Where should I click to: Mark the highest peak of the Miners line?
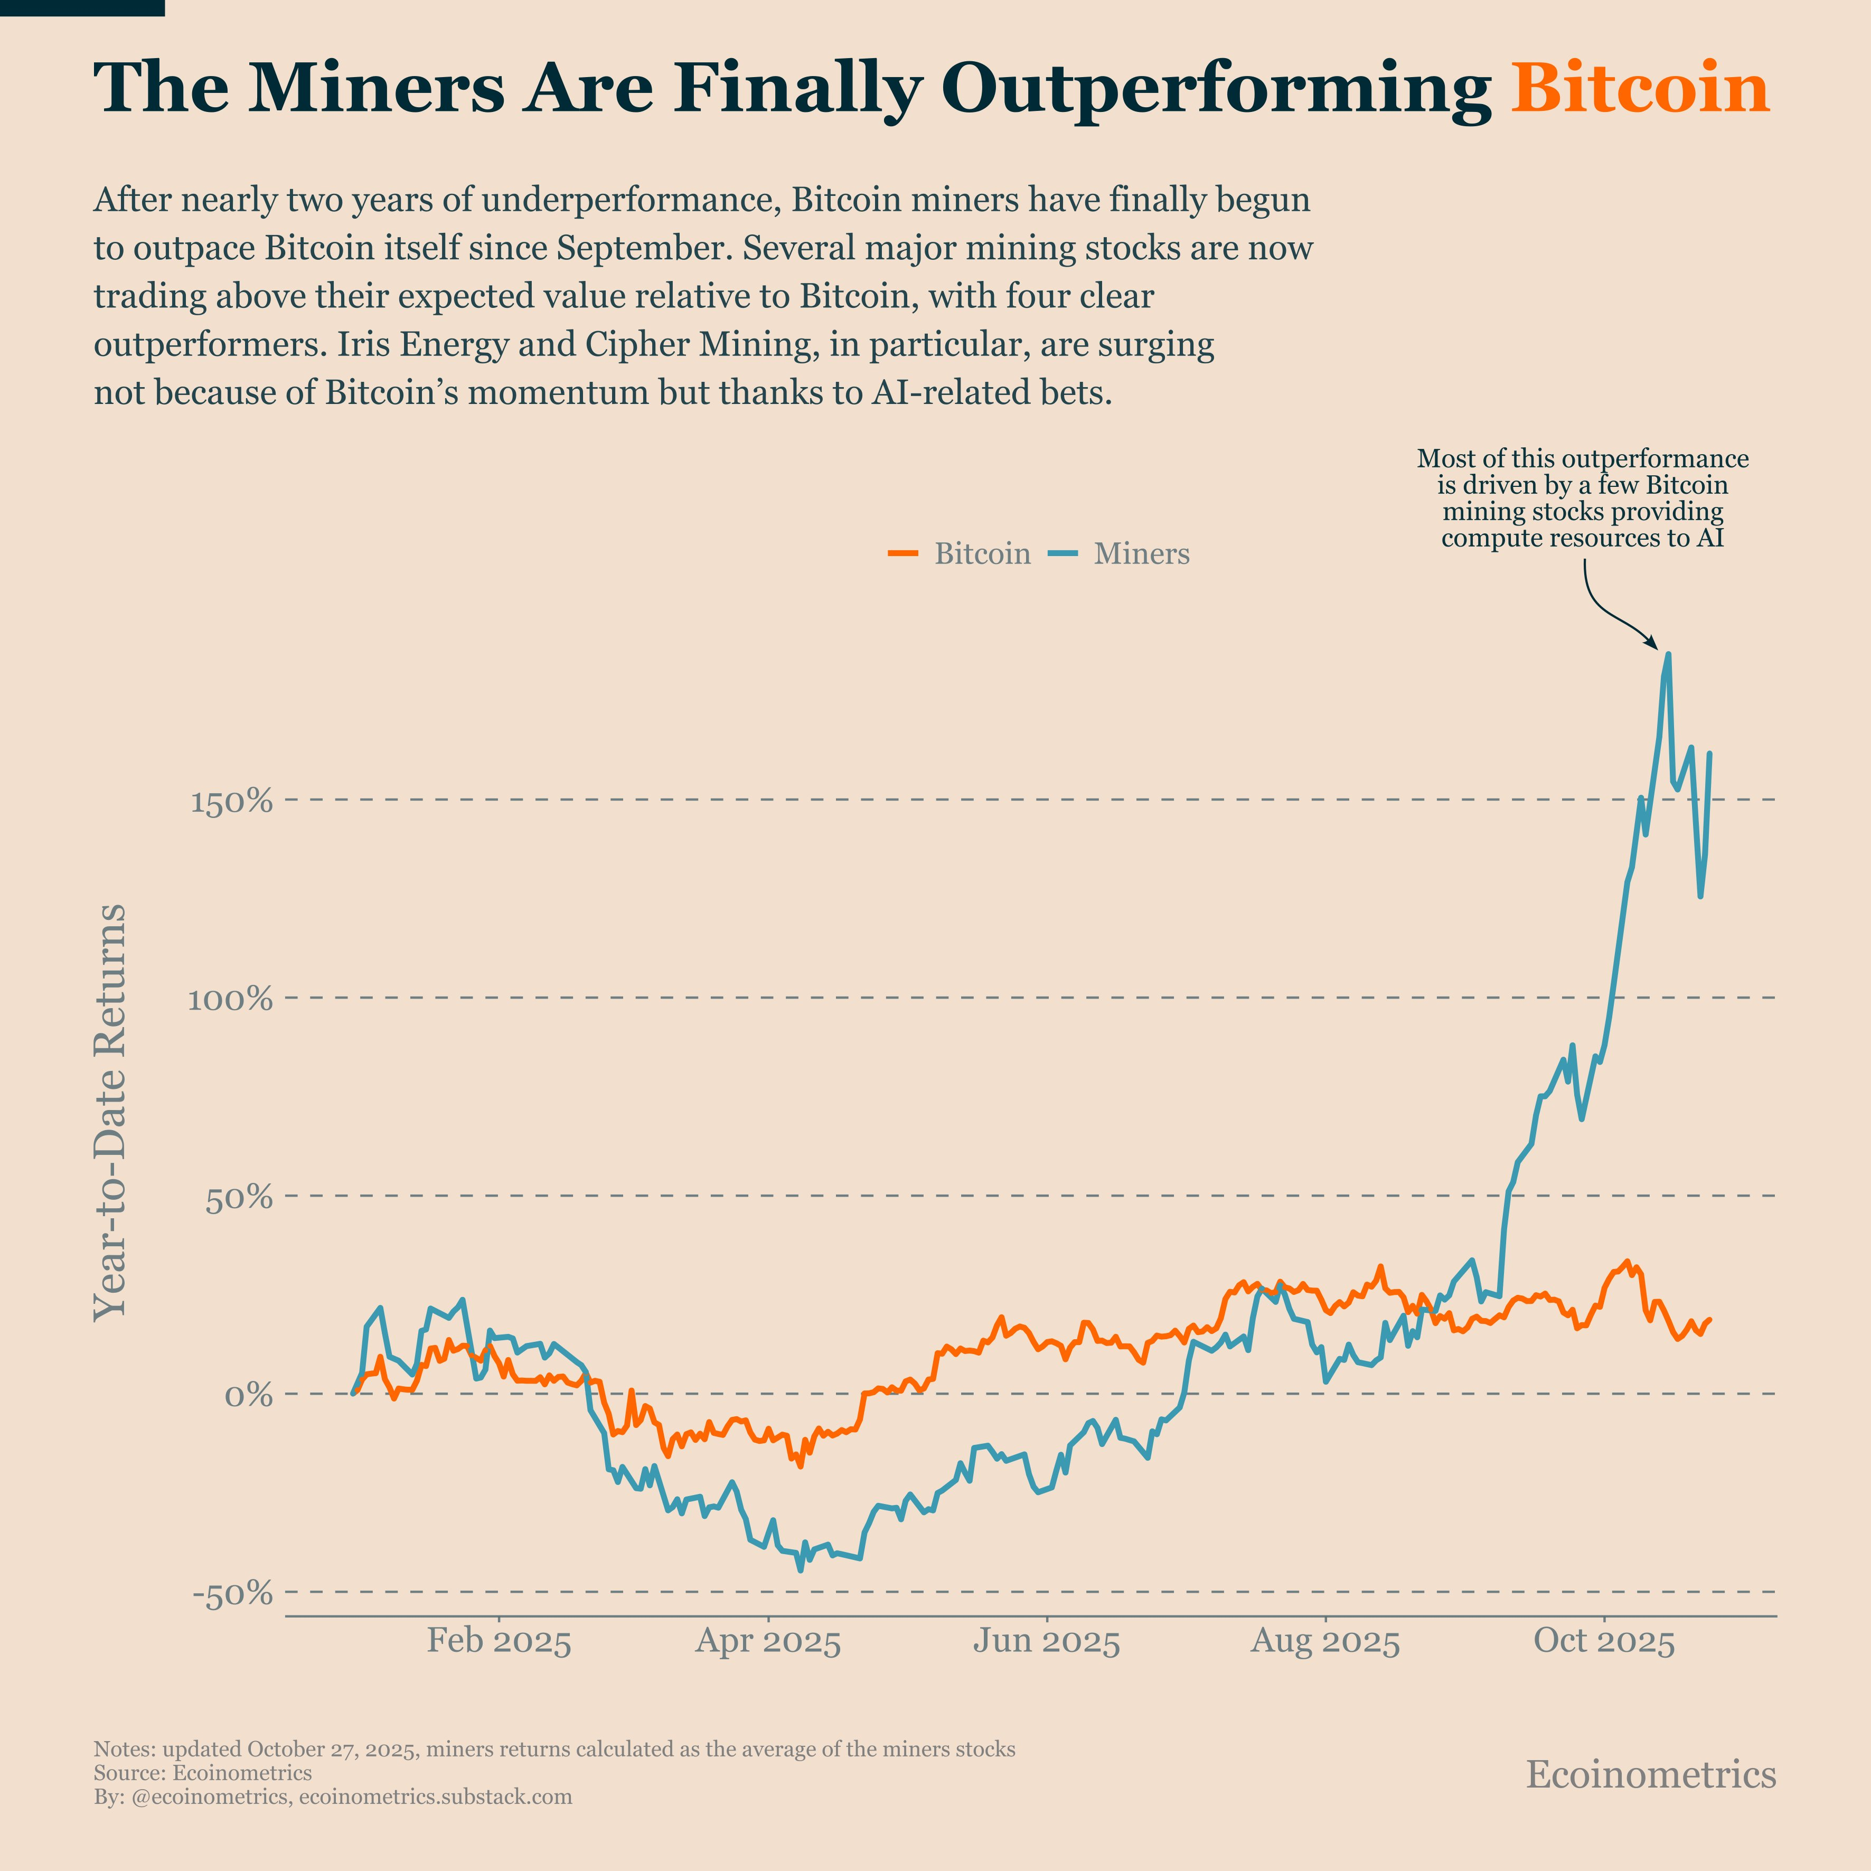click(1668, 655)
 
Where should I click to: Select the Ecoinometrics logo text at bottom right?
click(1650, 1774)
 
